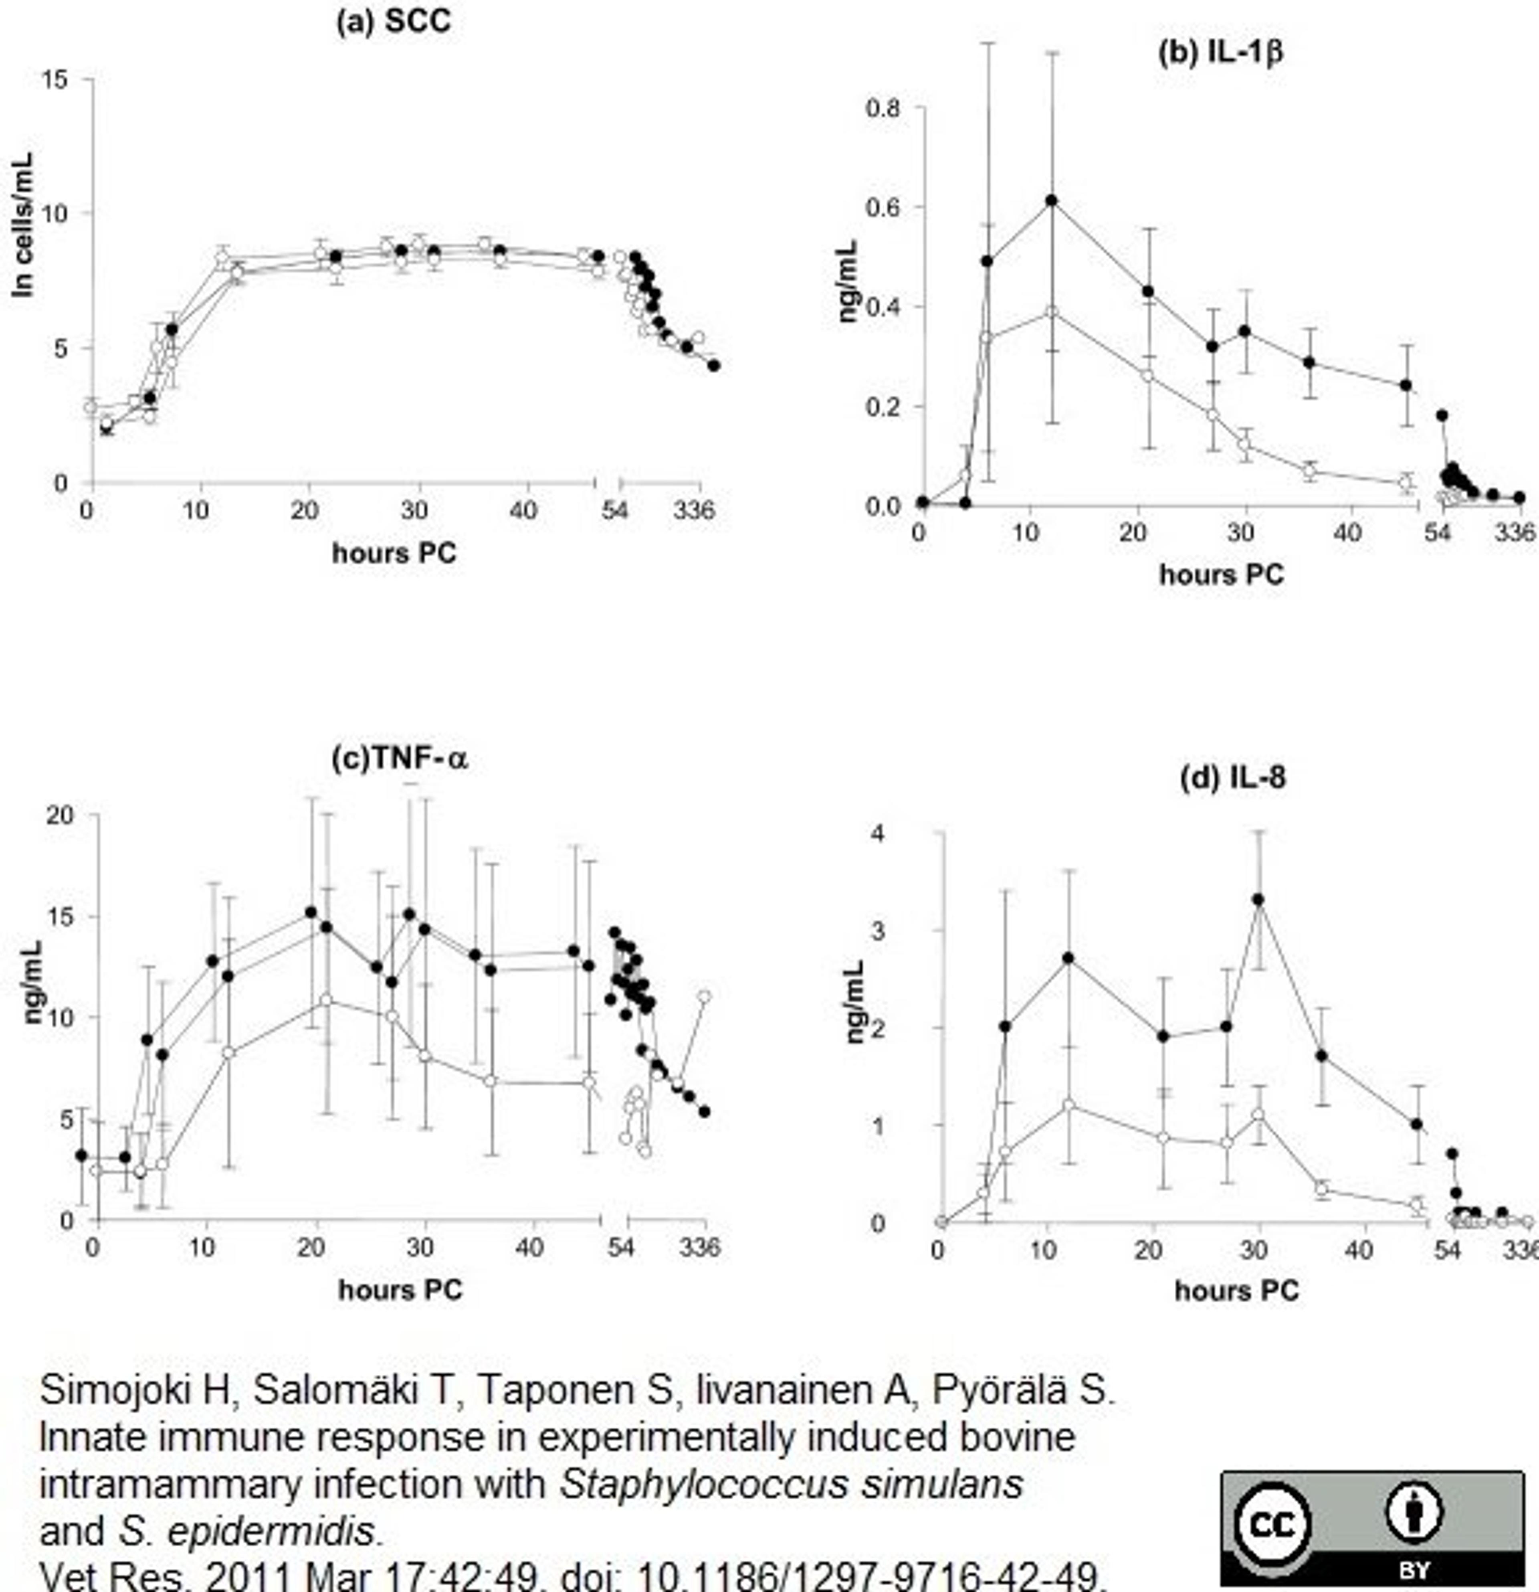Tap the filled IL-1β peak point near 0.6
pos(1051,200)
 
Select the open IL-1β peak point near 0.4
pos(1051,312)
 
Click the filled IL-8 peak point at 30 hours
pos(1258,899)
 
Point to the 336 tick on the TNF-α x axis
pos(699,1247)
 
